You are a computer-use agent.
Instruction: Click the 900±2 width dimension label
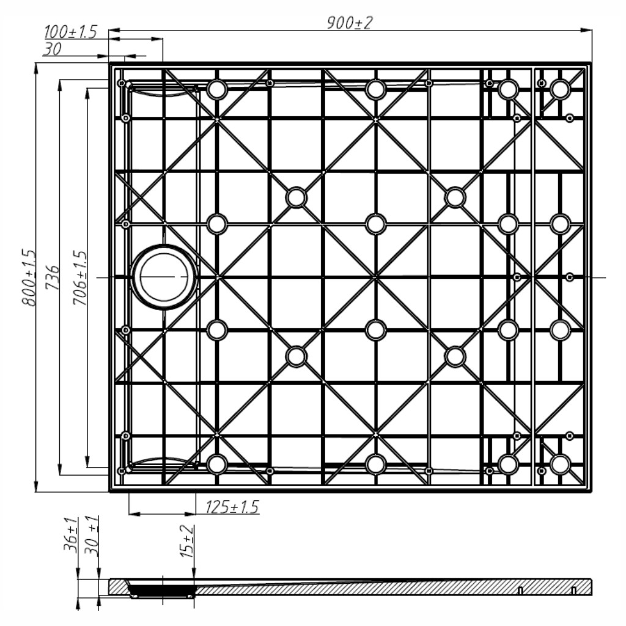coord(349,23)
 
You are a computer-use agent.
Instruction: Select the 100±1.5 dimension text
coord(70,32)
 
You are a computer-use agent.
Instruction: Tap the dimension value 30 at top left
coord(52,49)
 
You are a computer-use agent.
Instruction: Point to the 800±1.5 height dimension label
coord(28,278)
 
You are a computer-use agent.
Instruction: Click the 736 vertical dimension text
coord(53,278)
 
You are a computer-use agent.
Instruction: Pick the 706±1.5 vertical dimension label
coord(79,278)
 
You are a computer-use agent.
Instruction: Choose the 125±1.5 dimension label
coord(232,507)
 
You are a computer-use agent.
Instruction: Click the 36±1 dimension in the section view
coord(70,534)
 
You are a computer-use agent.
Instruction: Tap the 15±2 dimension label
coord(187,541)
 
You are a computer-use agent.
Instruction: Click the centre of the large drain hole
coord(164,277)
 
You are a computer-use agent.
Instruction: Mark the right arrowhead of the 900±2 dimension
coord(586,30)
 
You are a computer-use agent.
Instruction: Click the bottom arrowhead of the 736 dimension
coord(60,469)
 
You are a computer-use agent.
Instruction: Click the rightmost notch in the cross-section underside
coord(573,591)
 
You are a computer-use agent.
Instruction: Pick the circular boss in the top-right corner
coord(560,89)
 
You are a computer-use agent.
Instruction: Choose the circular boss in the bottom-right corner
coord(560,465)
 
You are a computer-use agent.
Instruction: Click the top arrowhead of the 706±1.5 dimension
coord(87,94)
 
